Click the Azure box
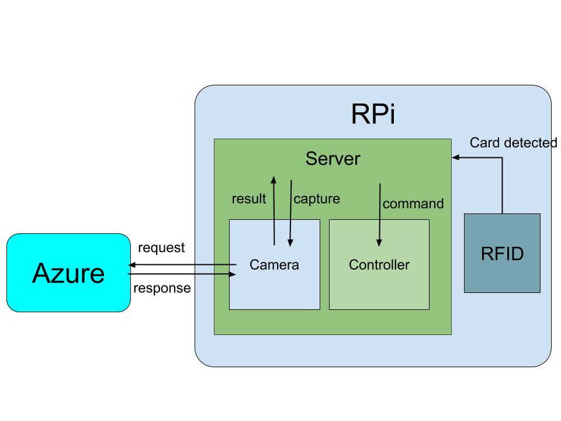[x=68, y=272]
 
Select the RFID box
[x=502, y=253]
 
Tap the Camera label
[x=274, y=265]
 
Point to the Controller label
[x=379, y=265]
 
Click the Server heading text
[x=333, y=158]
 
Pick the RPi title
[x=373, y=114]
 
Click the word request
[x=161, y=248]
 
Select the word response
[x=162, y=288]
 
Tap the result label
[x=249, y=199]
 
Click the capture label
[x=317, y=199]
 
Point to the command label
[x=413, y=204]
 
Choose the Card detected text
[x=513, y=143]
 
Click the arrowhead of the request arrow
[x=131, y=265]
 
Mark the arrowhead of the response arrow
[x=233, y=274]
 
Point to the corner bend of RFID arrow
[x=502, y=157]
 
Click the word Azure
[x=68, y=272]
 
